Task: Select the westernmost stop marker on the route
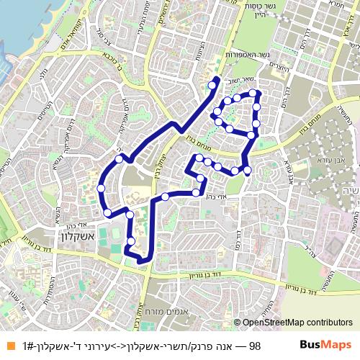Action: [x=101, y=189]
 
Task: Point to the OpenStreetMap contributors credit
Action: [x=297, y=323]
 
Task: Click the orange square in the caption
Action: [x=9, y=346]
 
